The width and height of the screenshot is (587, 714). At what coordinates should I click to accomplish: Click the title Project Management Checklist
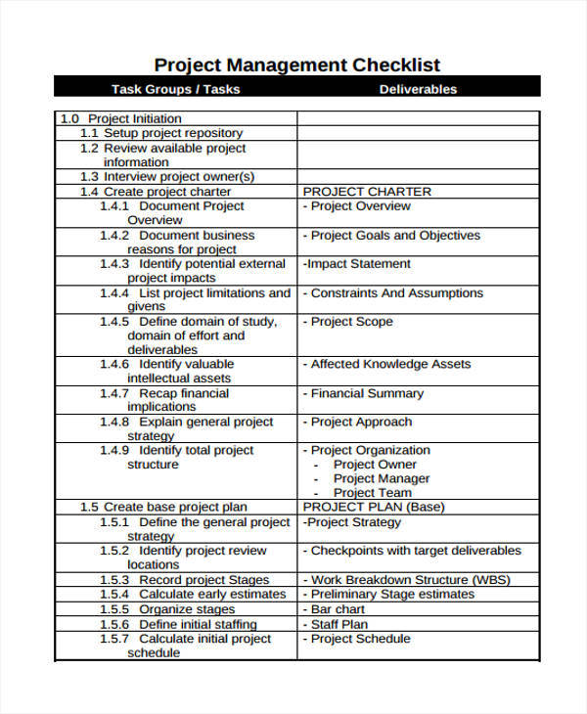(x=297, y=66)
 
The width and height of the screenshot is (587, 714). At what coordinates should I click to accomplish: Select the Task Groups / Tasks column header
(x=175, y=89)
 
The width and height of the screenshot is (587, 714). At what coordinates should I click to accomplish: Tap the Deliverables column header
(x=418, y=89)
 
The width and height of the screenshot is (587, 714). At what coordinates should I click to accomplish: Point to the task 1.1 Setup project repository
(x=161, y=133)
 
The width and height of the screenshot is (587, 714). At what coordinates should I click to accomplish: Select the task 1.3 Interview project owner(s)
(x=167, y=177)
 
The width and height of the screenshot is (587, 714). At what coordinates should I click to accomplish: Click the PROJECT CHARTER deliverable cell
(x=367, y=192)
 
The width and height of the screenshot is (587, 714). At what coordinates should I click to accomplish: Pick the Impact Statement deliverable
(x=357, y=264)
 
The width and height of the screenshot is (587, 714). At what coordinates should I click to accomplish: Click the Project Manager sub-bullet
(x=382, y=478)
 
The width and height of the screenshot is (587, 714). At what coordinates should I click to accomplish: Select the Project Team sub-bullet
(x=374, y=493)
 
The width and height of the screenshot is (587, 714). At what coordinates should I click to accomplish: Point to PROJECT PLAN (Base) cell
(x=374, y=507)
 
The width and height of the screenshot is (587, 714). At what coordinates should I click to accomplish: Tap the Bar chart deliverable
(x=337, y=609)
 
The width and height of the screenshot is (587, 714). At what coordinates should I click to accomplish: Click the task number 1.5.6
(x=114, y=624)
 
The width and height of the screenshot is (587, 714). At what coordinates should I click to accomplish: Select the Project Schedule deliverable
(x=357, y=639)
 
